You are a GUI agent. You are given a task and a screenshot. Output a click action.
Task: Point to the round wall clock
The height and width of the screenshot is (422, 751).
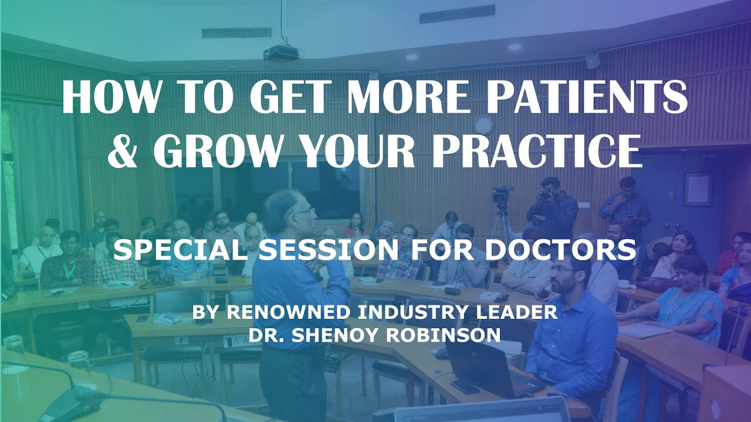(x=483, y=124)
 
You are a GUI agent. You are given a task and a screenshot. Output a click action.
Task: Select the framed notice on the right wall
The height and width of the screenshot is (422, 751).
(x=698, y=189)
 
